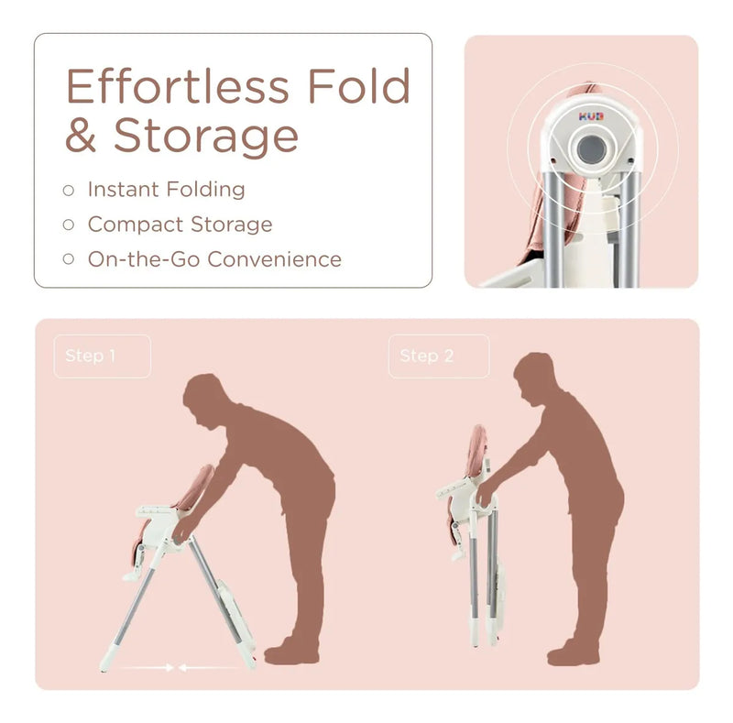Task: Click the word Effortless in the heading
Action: [178, 86]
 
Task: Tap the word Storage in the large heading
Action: [206, 136]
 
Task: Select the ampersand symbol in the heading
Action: [81, 135]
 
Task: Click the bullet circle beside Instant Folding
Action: [69, 191]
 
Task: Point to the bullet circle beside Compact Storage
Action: [69, 225]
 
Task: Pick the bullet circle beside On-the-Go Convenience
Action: [69, 259]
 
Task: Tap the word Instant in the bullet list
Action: [124, 190]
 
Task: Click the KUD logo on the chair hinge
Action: [591, 116]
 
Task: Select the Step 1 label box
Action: [103, 356]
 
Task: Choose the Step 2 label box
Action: [439, 356]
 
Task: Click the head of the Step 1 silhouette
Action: [203, 399]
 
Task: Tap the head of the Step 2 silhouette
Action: [534, 378]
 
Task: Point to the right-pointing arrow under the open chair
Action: [148, 667]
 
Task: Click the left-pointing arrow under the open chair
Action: [209, 667]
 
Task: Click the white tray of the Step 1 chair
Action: [157, 510]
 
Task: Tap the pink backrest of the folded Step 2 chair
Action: [477, 450]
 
